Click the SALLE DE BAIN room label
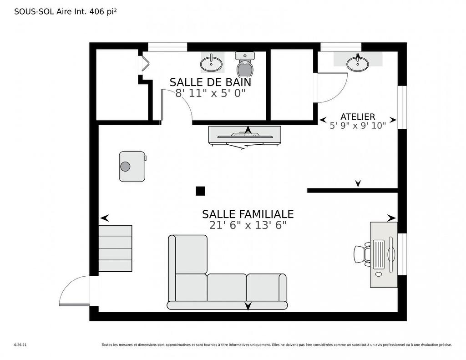click(210, 82)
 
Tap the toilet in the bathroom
click(245, 66)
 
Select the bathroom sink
click(212, 63)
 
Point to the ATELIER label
click(358, 117)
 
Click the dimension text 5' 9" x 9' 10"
click(358, 126)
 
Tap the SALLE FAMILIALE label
click(248, 214)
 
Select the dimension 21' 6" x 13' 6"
click(248, 225)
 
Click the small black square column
click(200, 191)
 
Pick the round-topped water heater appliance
click(132, 167)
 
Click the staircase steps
click(115, 248)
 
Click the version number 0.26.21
click(20, 345)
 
